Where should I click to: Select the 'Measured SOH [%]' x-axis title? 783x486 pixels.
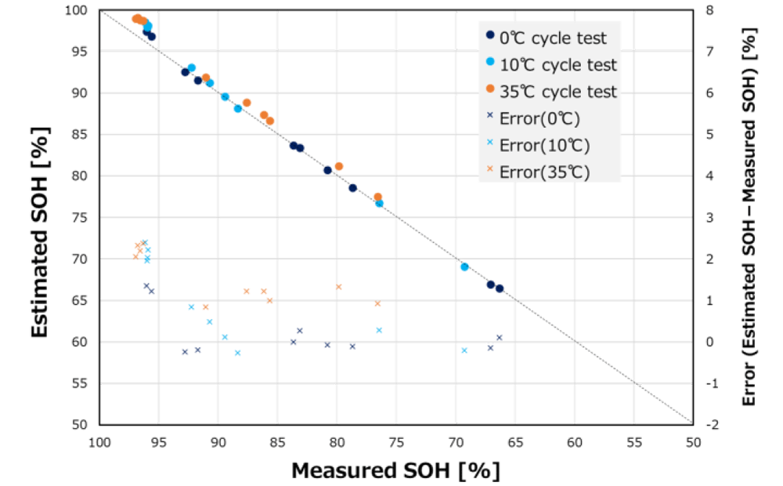395,470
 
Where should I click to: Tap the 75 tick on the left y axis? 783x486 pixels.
81,217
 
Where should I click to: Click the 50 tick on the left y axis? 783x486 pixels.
81,425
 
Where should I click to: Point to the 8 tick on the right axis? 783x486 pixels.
709,10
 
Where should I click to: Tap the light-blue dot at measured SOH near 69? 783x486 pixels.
464,267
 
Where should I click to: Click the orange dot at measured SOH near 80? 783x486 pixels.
339,166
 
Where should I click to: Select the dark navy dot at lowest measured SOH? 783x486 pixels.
500,288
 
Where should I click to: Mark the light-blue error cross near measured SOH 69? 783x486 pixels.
464,350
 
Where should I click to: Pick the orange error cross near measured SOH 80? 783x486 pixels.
339,287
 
